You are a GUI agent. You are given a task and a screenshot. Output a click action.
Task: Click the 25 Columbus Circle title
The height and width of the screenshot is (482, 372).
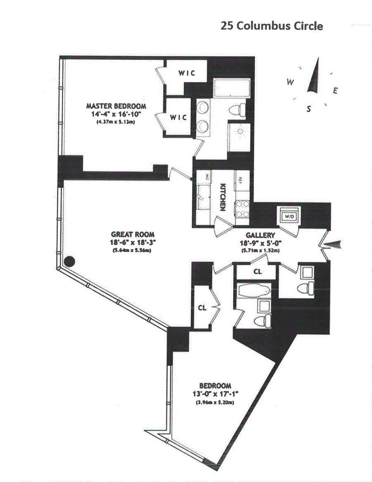click(x=272, y=26)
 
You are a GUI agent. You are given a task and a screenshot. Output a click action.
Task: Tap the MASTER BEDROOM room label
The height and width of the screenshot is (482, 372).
click(x=116, y=106)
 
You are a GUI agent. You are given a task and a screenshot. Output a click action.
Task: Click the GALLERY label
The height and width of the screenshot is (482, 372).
click(x=260, y=235)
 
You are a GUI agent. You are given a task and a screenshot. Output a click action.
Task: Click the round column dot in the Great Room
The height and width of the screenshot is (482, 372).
click(x=70, y=261)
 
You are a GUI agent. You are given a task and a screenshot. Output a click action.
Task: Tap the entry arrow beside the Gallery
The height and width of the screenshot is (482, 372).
click(x=334, y=245)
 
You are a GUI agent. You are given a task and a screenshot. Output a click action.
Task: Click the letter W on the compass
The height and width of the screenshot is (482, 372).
click(x=291, y=82)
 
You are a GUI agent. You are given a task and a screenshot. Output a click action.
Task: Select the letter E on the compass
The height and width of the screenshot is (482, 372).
click(x=336, y=91)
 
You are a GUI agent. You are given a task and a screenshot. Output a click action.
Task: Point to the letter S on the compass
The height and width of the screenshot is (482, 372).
click(x=308, y=109)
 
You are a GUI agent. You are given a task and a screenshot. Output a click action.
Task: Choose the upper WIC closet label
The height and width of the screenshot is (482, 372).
click(x=187, y=73)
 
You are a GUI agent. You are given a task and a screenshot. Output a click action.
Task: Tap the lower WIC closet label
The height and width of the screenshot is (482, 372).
click(x=179, y=117)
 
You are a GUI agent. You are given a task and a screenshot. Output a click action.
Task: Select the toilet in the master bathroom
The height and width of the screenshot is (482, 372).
click(x=237, y=110)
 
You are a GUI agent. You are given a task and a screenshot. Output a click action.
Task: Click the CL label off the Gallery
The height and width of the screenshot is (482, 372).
click(x=257, y=272)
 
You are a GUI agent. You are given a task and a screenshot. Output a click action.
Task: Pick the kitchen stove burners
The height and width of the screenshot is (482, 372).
click(x=241, y=208)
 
